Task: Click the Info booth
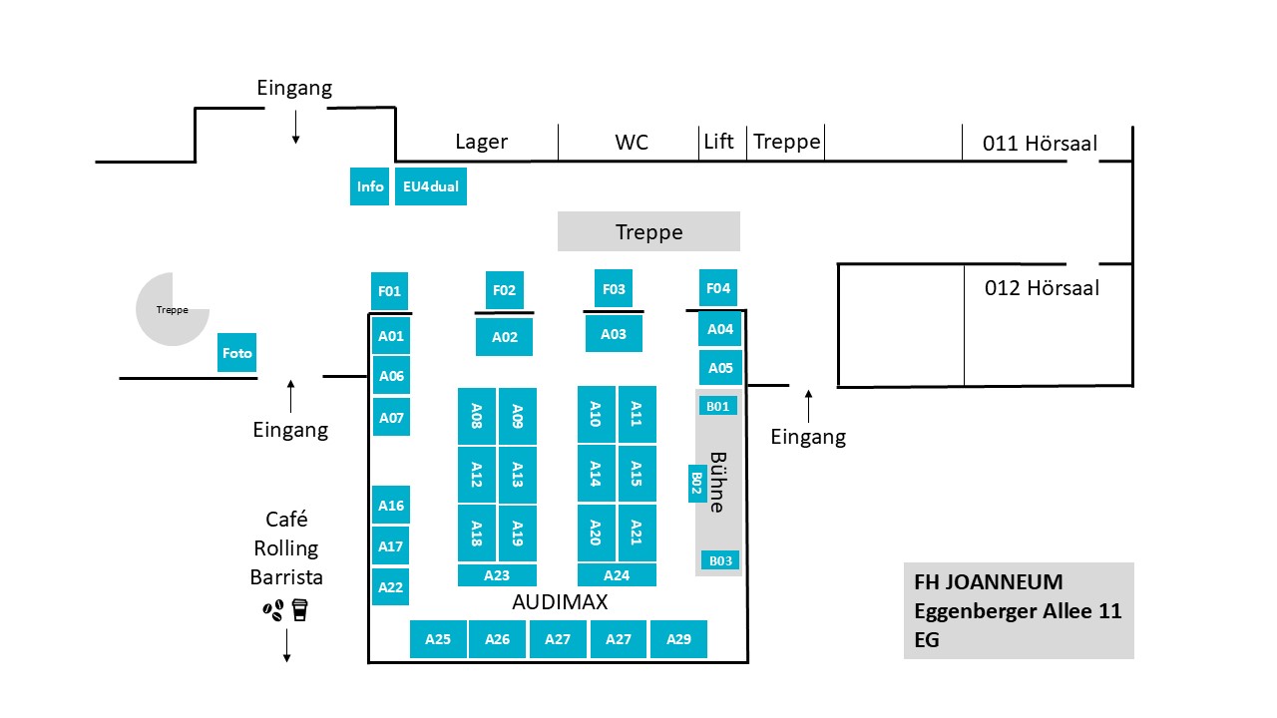click(x=369, y=186)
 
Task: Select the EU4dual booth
click(x=430, y=186)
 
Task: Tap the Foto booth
click(x=237, y=353)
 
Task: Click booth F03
click(x=614, y=289)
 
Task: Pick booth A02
click(x=504, y=337)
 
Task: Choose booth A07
click(x=391, y=417)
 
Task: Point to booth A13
click(x=517, y=475)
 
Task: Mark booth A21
click(x=637, y=534)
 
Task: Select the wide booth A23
click(x=497, y=575)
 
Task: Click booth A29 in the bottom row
click(x=678, y=639)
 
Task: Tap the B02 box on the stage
click(x=697, y=484)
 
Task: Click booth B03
click(x=720, y=560)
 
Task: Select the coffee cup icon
click(x=299, y=609)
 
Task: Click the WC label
click(x=632, y=143)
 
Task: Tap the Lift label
click(x=718, y=142)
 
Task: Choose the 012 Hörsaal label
click(x=1042, y=288)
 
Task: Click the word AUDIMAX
click(x=560, y=602)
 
